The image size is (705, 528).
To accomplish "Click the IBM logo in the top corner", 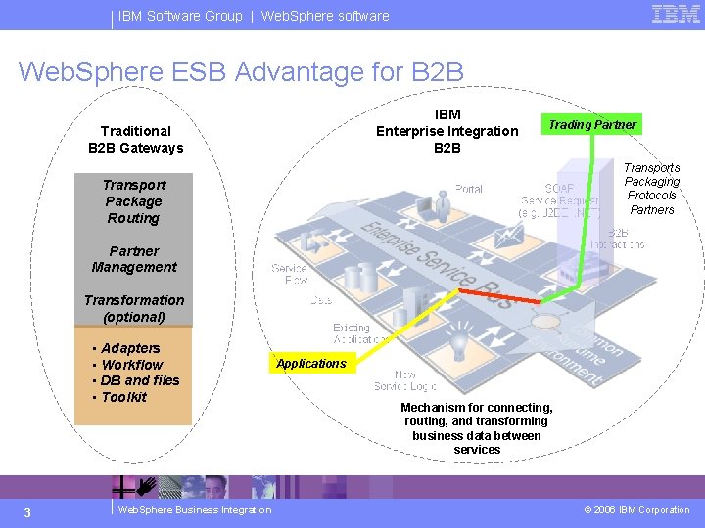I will [x=676, y=15].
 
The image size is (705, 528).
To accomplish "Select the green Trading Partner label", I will [x=591, y=124].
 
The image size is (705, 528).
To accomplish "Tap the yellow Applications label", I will [x=310, y=364].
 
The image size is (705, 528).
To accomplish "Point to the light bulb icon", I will [x=457, y=345].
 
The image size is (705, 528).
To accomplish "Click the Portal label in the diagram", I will [x=469, y=189].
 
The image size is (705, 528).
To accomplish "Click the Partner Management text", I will [x=134, y=259].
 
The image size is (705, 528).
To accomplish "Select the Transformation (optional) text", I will [x=134, y=308].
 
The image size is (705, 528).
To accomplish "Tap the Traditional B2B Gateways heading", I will [x=135, y=139].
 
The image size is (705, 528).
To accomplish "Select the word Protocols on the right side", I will [x=652, y=196].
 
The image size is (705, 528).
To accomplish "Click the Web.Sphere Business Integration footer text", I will [x=194, y=509].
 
